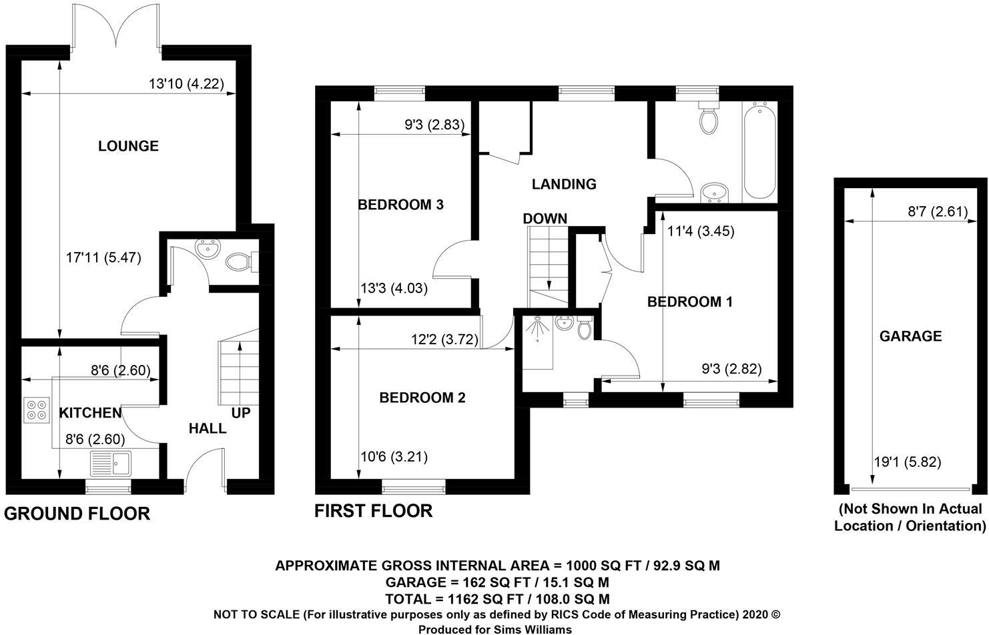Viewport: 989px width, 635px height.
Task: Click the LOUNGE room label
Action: click(x=128, y=145)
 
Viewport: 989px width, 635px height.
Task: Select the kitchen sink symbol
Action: click(x=113, y=462)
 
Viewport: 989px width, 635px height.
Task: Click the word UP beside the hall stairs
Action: click(x=241, y=413)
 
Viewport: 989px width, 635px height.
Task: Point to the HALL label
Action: click(x=208, y=428)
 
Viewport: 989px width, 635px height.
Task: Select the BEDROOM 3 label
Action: click(x=401, y=205)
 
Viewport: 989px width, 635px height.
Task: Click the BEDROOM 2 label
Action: click(x=422, y=398)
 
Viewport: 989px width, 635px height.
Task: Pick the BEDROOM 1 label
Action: click(x=690, y=301)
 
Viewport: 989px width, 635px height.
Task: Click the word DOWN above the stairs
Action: click(x=545, y=218)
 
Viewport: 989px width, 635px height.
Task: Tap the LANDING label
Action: click(x=564, y=184)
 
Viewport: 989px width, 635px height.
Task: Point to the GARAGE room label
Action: click(x=911, y=336)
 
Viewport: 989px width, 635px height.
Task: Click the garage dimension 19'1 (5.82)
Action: click(x=908, y=462)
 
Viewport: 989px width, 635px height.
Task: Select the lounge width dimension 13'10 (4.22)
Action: click(x=186, y=84)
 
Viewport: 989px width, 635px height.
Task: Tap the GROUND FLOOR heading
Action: click(x=77, y=514)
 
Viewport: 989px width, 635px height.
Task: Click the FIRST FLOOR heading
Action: click(x=374, y=511)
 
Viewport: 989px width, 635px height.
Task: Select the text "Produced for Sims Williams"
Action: click(x=495, y=629)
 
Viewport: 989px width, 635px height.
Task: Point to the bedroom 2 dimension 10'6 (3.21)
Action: click(x=394, y=457)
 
